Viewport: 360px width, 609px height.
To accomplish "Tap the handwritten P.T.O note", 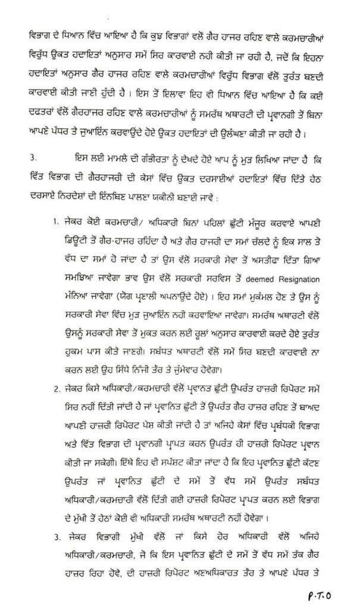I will click(x=325, y=591).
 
